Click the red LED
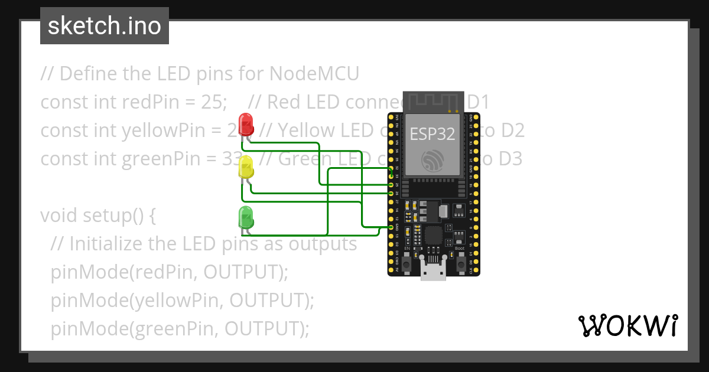[246, 124]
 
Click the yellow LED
[246, 168]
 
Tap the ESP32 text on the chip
[432, 134]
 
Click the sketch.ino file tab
[105, 26]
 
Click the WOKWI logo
[627, 325]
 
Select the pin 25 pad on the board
[391, 185]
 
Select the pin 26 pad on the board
[391, 193]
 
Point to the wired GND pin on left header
[391, 227]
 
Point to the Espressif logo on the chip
[433, 160]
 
